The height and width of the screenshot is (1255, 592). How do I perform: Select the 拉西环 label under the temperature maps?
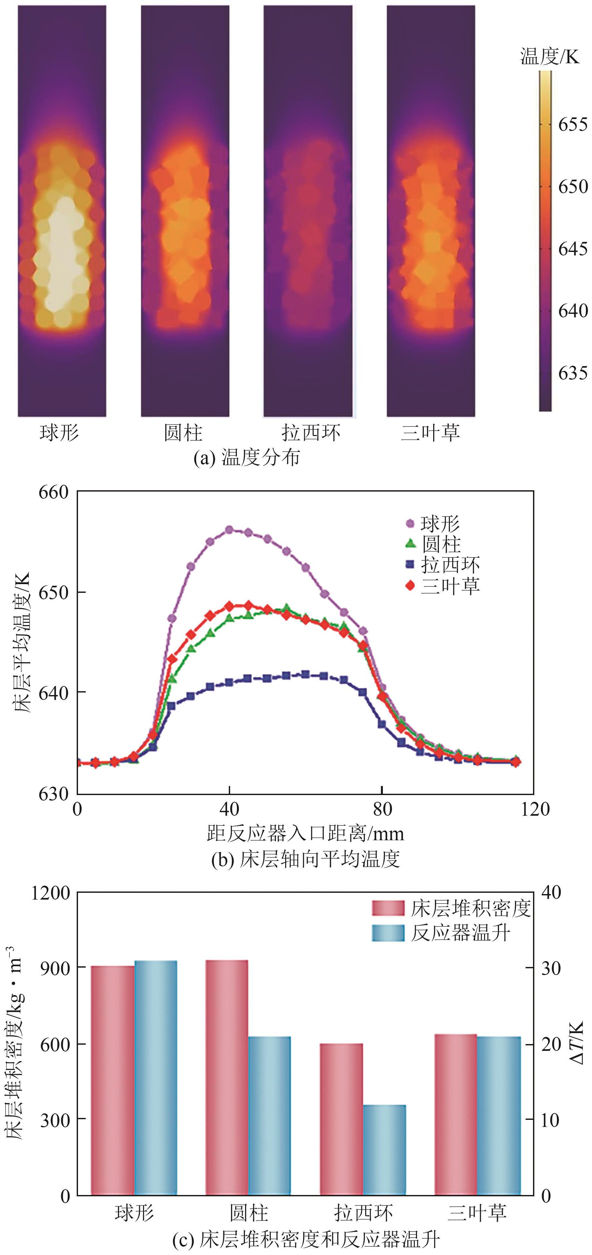[311, 433]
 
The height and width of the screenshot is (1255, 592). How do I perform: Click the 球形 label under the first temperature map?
[59, 433]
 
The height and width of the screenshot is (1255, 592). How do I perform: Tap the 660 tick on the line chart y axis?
[53, 492]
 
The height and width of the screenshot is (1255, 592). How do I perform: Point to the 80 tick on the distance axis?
[382, 809]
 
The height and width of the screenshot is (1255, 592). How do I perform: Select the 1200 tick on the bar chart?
[51, 893]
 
